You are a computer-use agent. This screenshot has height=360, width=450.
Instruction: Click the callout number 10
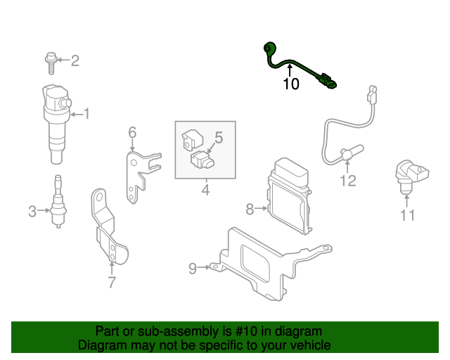290,84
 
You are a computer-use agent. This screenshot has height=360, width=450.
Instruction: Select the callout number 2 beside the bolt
75,61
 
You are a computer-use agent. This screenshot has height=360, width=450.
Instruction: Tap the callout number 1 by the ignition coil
87,113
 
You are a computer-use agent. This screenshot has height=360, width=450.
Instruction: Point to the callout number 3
32,211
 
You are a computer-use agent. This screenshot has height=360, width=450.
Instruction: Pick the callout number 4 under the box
205,189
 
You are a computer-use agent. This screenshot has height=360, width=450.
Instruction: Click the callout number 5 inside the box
218,138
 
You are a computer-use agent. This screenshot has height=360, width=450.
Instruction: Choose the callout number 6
131,131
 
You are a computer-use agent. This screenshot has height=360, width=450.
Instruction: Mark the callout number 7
111,283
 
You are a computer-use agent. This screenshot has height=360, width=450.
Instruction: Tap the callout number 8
249,208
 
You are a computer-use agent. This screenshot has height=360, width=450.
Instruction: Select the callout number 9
193,267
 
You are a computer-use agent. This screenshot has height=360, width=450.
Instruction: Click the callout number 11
408,215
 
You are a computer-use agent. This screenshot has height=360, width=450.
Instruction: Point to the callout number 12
348,181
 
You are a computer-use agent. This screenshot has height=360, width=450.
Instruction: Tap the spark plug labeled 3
56,204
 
